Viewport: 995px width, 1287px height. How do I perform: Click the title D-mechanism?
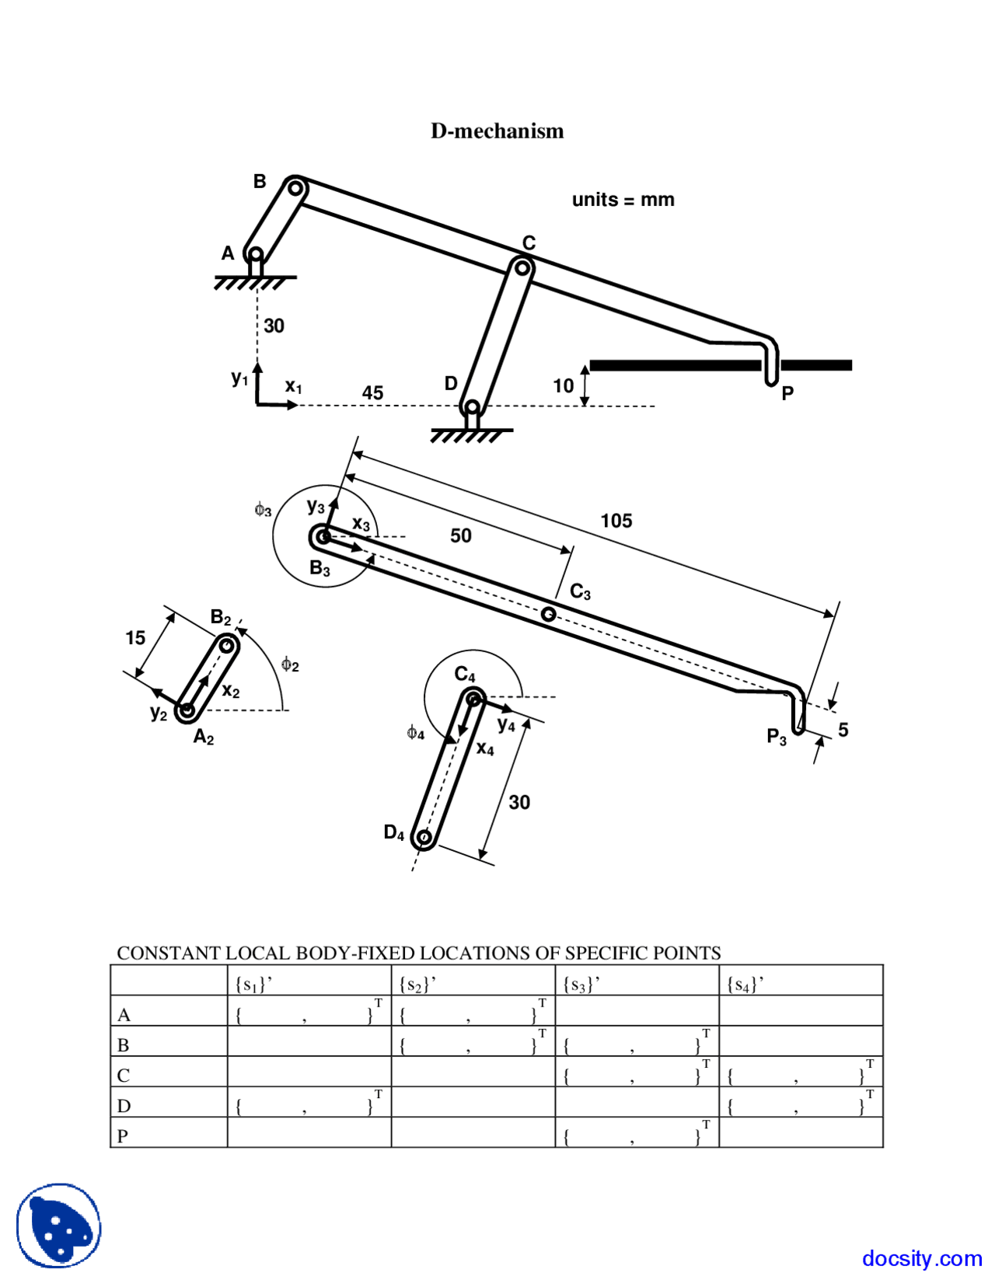coord(497,131)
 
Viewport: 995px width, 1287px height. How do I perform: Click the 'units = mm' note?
coord(623,200)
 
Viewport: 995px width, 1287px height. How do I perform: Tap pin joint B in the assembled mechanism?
coord(295,188)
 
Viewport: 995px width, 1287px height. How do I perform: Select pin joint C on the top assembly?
coord(522,268)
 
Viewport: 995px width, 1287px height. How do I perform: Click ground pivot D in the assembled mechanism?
coord(470,406)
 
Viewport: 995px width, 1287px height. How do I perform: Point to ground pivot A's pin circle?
coord(255,254)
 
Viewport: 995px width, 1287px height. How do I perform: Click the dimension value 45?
coord(372,392)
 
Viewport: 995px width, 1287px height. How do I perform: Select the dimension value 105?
coord(616,521)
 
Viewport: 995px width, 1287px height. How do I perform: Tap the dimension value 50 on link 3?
coord(461,535)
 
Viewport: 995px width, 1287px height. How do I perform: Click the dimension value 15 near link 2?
coord(135,638)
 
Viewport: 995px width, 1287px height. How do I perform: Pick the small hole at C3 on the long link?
coord(548,614)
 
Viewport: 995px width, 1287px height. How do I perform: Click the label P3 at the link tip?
coord(777,736)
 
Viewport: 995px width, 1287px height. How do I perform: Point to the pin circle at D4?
coord(424,837)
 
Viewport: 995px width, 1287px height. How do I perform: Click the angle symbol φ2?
coord(290,664)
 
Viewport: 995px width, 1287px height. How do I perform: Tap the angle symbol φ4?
coord(416,733)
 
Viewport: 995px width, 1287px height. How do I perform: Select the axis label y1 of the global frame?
coord(239,378)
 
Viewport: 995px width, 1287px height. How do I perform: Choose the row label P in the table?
coord(123,1136)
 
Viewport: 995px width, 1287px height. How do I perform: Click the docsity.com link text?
coord(921,1258)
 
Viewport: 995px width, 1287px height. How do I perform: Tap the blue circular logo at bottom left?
coord(59,1226)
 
